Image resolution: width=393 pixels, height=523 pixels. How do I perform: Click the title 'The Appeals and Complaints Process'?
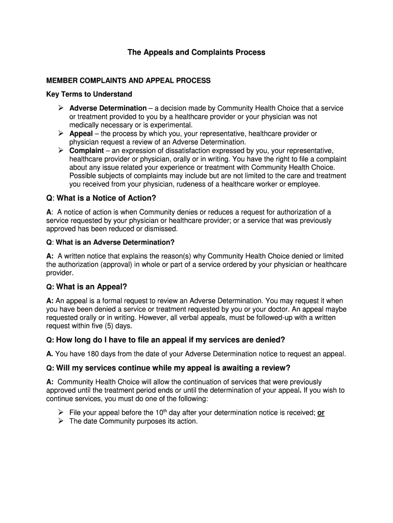click(196, 53)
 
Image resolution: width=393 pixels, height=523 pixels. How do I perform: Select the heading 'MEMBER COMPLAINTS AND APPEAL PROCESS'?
click(128, 81)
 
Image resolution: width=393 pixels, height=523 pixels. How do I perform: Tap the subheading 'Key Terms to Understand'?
click(89, 94)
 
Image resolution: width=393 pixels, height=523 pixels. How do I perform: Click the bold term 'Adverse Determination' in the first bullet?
click(108, 108)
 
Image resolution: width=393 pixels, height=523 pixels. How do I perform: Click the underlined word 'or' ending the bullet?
click(321, 413)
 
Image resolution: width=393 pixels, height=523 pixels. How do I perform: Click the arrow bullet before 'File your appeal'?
click(59, 412)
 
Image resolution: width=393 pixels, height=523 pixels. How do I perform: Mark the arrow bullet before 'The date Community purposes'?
click(59, 421)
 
